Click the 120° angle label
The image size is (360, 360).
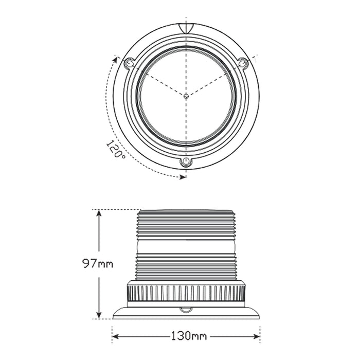click(x=116, y=150)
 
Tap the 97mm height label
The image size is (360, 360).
click(x=97, y=264)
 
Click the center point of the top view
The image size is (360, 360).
click(x=185, y=95)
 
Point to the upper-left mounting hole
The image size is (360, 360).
click(x=129, y=63)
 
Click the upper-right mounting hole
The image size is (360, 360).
click(x=242, y=63)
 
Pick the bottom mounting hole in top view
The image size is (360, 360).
click(x=185, y=163)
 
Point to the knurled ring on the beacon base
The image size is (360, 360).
click(x=185, y=293)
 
